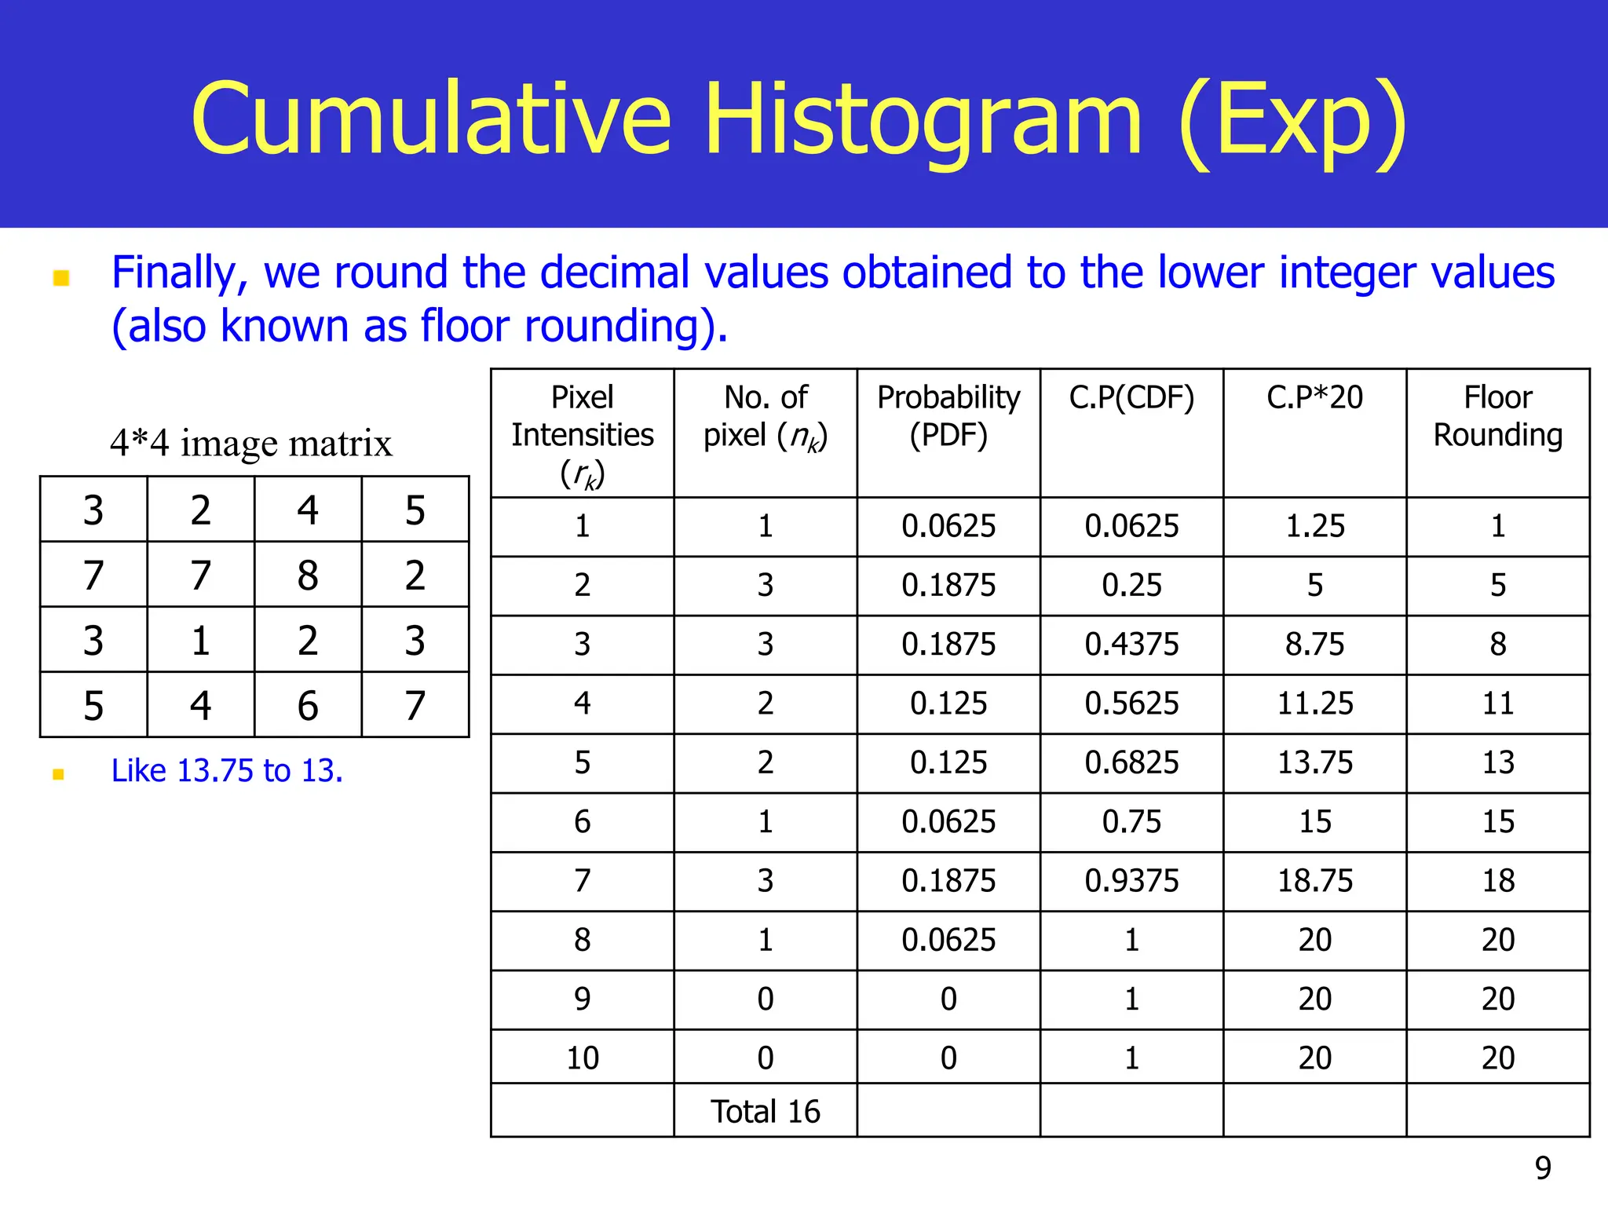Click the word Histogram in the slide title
click(923, 119)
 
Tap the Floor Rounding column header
click(1497, 416)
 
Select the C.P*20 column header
click(1314, 397)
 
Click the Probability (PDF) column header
click(948, 416)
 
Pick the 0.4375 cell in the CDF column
click(1131, 645)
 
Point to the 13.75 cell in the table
click(1314, 763)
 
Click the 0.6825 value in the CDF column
click(1131, 763)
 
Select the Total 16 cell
click(765, 1112)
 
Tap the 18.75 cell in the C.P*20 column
click(1314, 881)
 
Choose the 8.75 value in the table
click(1314, 645)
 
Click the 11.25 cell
click(1314, 703)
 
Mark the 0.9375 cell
click(1131, 881)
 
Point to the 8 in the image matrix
click(308, 575)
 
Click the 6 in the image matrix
click(308, 705)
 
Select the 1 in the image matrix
click(200, 641)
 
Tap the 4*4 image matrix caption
click(250, 443)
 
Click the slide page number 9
click(1543, 1168)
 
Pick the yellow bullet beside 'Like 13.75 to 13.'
click(58, 774)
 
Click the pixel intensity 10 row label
click(582, 1058)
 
